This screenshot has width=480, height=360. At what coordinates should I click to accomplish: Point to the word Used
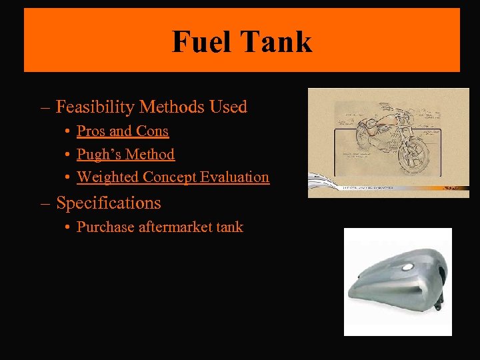click(x=228, y=107)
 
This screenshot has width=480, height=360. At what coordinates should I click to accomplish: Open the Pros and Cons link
click(x=123, y=131)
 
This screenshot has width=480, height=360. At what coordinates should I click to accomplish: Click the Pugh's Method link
click(x=125, y=154)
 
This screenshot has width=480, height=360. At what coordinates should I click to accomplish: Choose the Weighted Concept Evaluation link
click(x=173, y=177)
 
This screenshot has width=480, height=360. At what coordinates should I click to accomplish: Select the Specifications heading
click(x=108, y=203)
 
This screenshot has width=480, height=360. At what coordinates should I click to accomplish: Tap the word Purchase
click(x=105, y=227)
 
